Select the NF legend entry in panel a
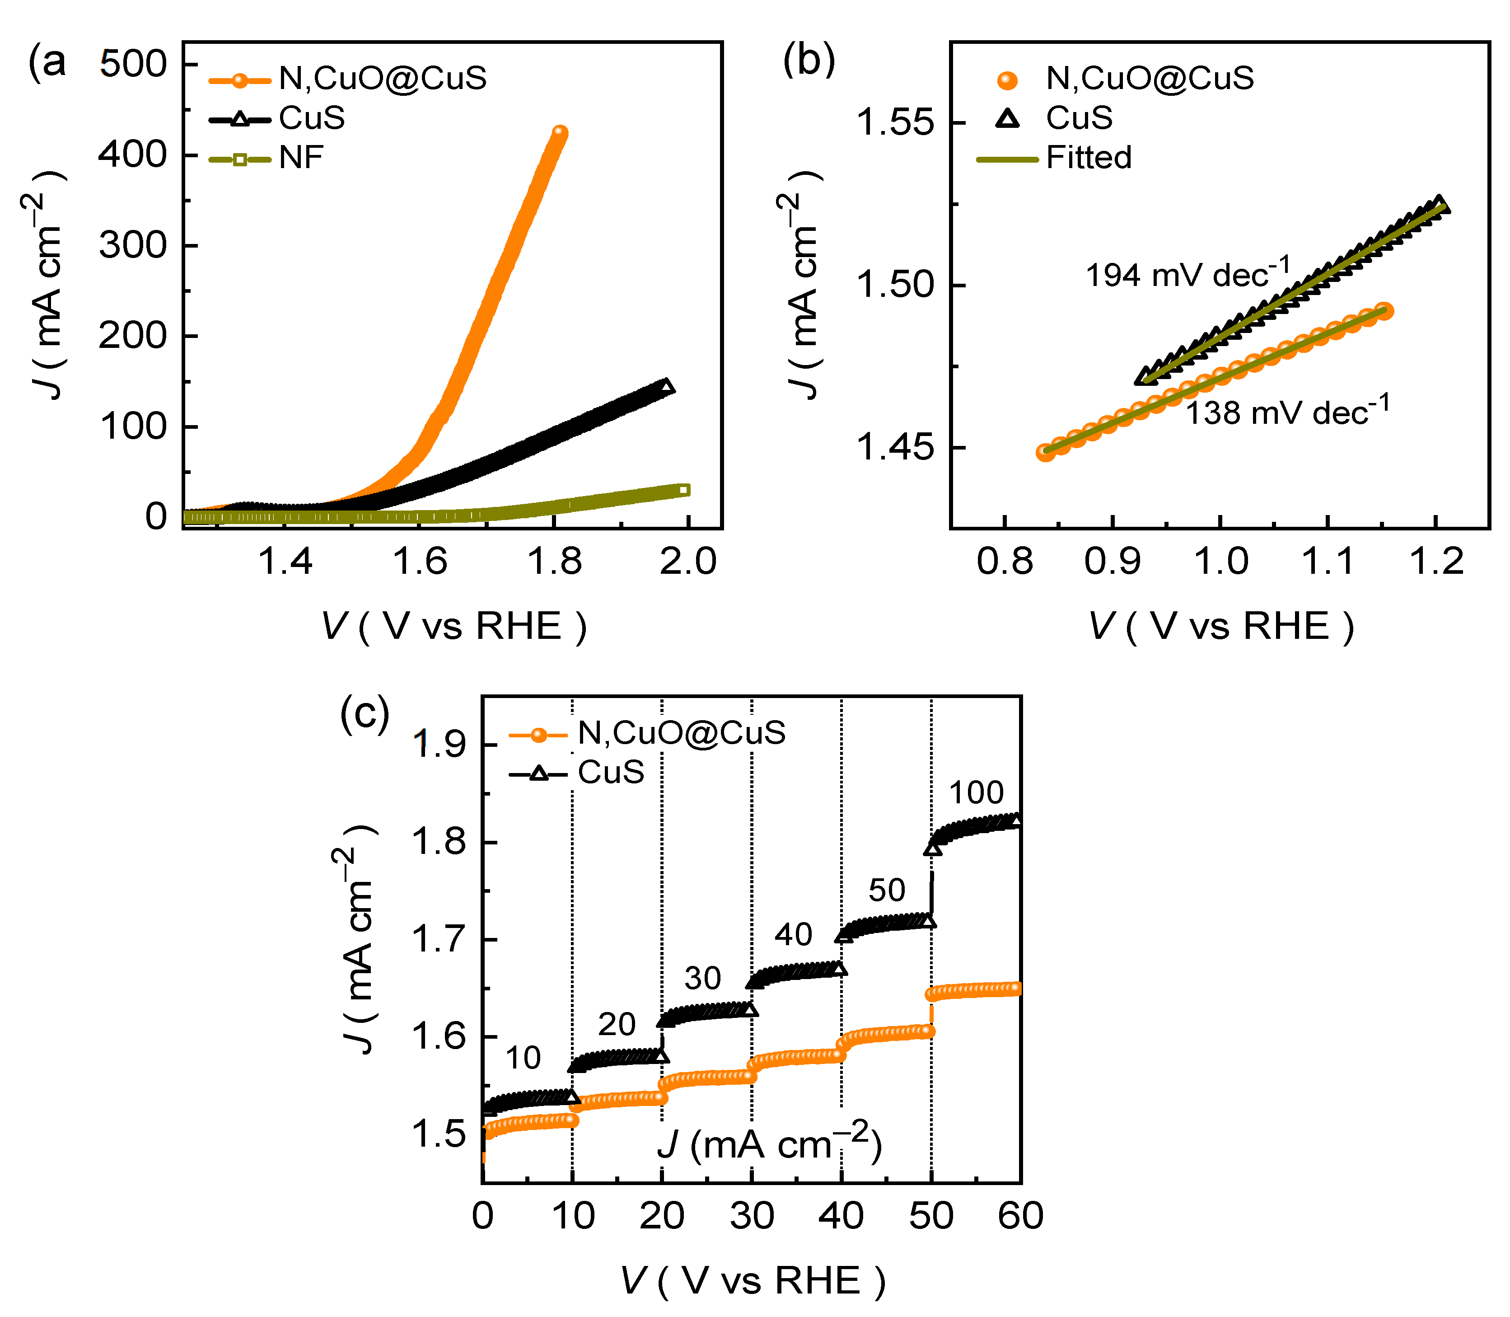pos(300,158)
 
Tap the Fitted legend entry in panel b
pos(1088,158)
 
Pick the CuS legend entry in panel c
pos(611,773)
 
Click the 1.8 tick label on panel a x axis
pos(554,562)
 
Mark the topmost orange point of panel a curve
pos(560,132)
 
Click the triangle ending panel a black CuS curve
pos(666,387)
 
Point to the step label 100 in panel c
pos(976,793)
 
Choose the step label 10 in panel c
pos(523,1058)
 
